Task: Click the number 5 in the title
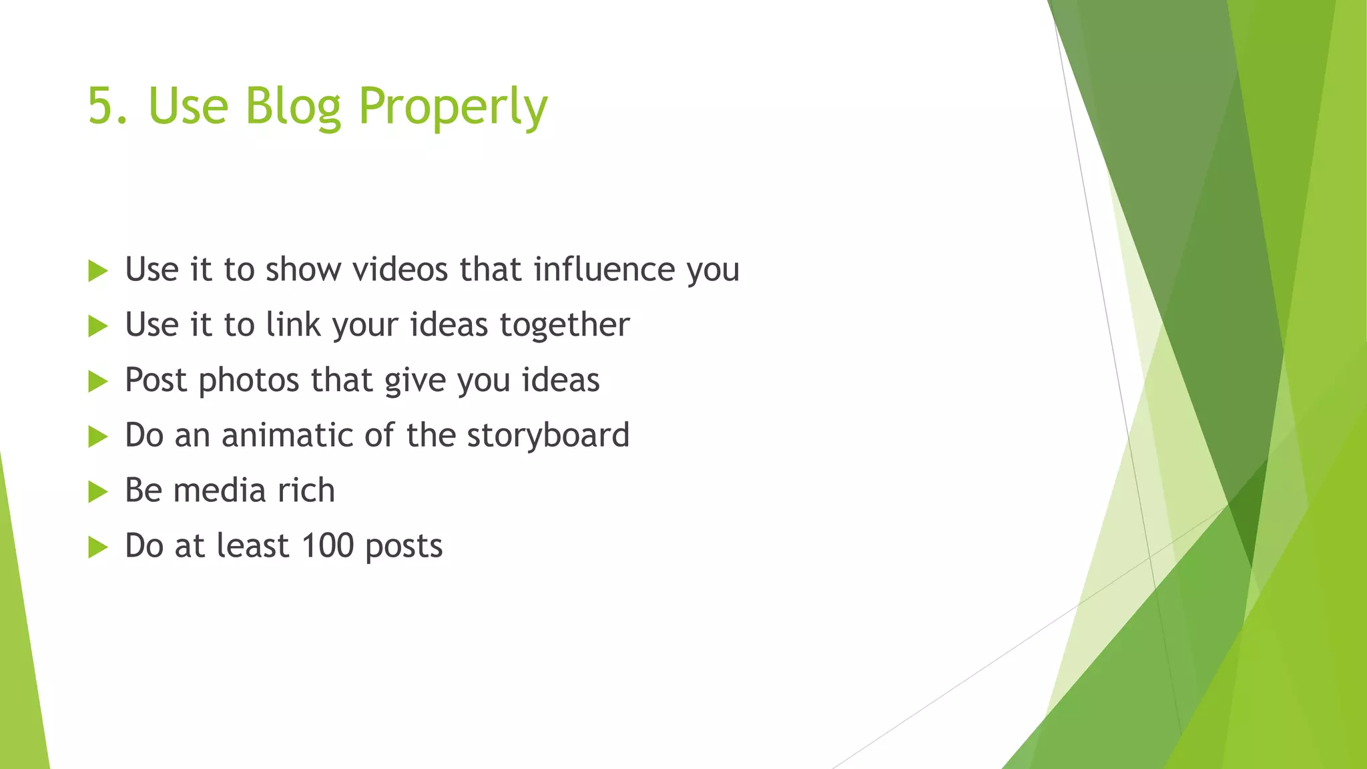point(101,106)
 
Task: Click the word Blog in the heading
point(293,106)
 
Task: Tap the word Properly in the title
point(453,108)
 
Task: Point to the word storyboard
point(548,436)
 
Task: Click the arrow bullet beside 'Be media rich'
point(97,493)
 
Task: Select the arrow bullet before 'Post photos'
point(97,382)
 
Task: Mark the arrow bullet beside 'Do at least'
point(97,548)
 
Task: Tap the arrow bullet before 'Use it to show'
point(97,271)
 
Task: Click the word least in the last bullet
point(253,546)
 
